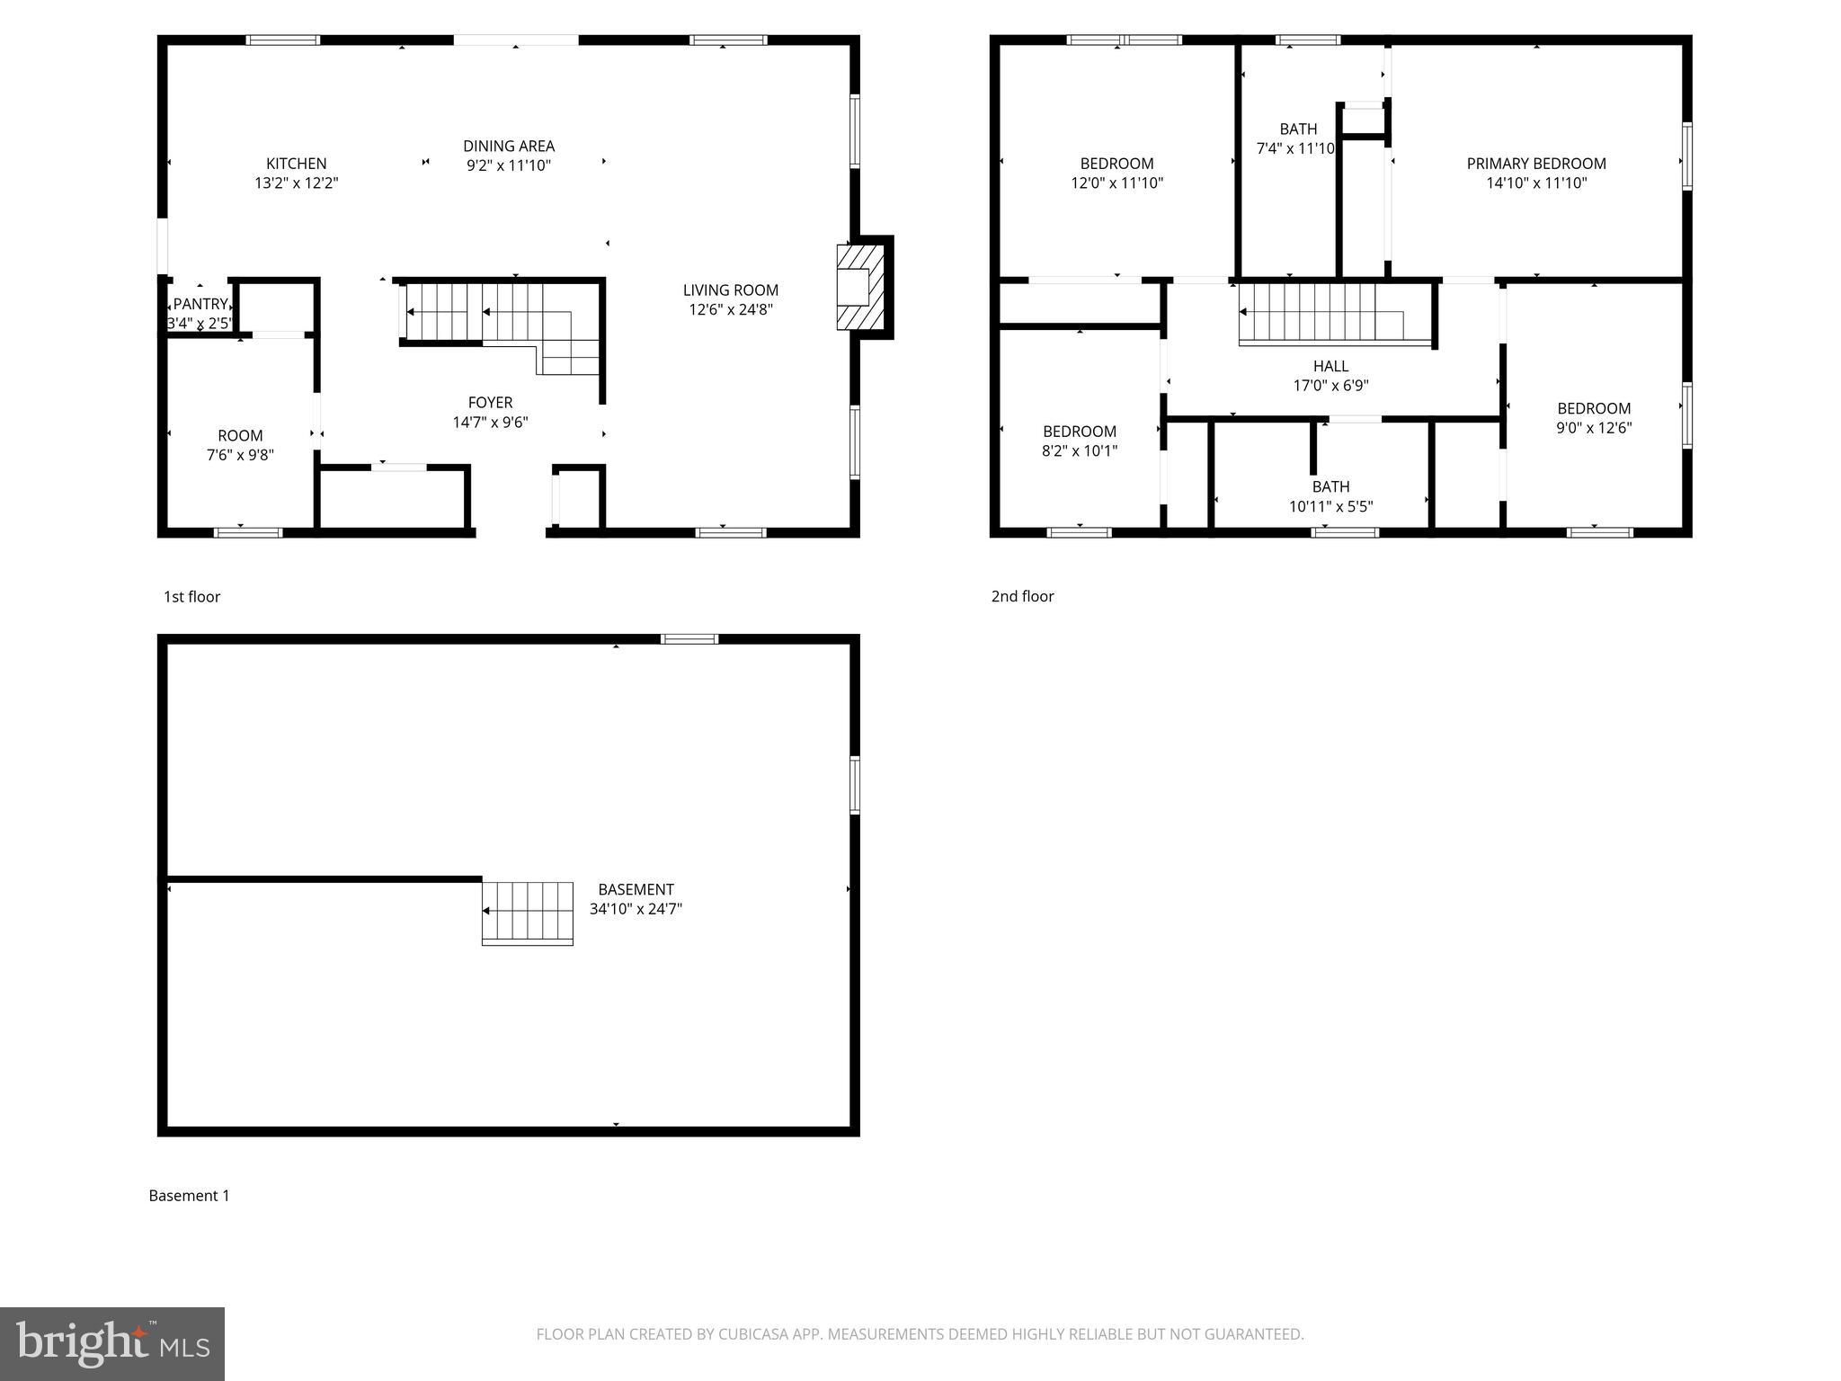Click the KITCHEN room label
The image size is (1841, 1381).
point(296,164)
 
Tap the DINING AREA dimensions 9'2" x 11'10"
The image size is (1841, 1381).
point(509,165)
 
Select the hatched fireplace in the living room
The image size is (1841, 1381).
point(854,287)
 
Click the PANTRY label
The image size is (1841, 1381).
point(200,304)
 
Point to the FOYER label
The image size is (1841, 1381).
point(490,403)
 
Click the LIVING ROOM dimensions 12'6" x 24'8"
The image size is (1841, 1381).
point(730,309)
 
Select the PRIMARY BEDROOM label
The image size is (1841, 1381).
point(1536,164)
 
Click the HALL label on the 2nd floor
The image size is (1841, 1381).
point(1330,366)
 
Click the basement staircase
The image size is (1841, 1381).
point(528,913)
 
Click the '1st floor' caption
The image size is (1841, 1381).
point(191,596)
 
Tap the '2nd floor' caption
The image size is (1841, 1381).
point(1022,596)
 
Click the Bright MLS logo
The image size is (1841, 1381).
point(112,1343)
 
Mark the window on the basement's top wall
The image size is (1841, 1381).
point(689,639)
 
